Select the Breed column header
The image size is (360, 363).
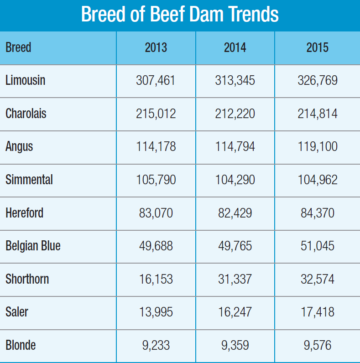(18, 47)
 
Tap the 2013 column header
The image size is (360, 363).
(156, 47)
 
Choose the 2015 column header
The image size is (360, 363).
(317, 47)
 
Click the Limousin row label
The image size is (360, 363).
(26, 81)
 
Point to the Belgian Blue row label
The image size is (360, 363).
(33, 246)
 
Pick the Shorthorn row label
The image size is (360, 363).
(27, 279)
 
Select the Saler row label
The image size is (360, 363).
(17, 312)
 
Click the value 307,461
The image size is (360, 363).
(156, 81)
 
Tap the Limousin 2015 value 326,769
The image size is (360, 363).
(318, 81)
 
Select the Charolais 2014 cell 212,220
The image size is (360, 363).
(235, 114)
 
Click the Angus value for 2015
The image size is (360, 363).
(318, 147)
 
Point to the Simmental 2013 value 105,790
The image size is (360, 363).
(156, 180)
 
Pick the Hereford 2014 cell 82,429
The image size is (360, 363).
(235, 213)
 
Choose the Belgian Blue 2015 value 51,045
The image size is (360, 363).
(318, 246)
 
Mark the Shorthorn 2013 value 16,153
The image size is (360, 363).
(156, 279)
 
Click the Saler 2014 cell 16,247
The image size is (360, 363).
(235, 312)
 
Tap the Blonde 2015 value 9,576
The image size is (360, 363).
(318, 345)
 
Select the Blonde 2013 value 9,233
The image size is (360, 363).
(156, 345)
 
